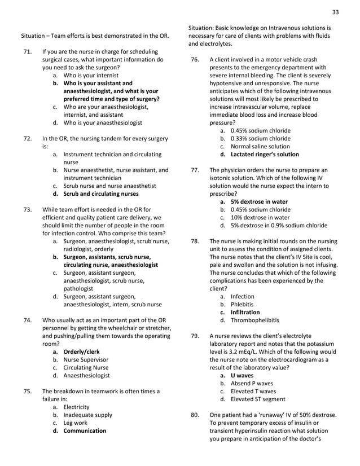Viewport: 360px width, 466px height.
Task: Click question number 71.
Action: click(27, 52)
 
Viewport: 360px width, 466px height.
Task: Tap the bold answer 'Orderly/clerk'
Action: click(81, 351)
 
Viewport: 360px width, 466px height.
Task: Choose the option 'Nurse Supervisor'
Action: click(86, 359)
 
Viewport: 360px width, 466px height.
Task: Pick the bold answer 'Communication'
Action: click(85, 430)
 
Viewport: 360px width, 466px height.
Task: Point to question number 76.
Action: click(195, 60)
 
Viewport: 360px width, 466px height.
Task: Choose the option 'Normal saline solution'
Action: click(260, 146)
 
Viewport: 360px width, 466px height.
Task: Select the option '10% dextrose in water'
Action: click(260, 217)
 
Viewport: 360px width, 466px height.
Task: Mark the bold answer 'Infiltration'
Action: click(245, 312)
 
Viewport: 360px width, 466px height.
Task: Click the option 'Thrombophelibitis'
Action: click(254, 320)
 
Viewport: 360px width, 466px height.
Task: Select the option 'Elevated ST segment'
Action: click(258, 399)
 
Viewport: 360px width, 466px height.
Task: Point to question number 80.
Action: click(195, 415)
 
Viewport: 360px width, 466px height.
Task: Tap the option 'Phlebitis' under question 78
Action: click(244, 304)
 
